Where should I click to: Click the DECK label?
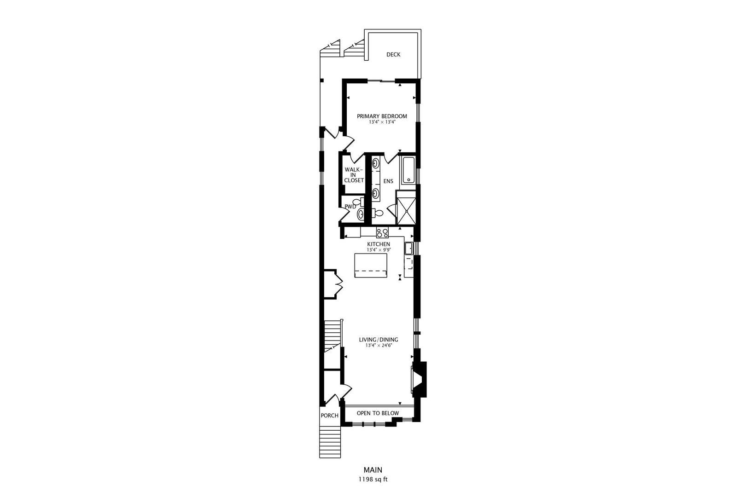pyautogui.click(x=393, y=55)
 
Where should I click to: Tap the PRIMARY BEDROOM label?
pyautogui.click(x=382, y=116)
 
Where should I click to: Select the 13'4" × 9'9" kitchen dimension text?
pyautogui.click(x=379, y=250)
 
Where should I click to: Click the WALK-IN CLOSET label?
pyautogui.click(x=354, y=175)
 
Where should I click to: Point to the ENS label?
pyautogui.click(x=388, y=181)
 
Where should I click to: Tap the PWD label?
pyautogui.click(x=350, y=206)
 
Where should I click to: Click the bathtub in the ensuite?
pyautogui.click(x=408, y=170)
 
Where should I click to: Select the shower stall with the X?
pyautogui.click(x=406, y=208)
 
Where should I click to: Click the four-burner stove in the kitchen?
pyautogui.click(x=382, y=232)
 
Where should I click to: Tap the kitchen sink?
pyautogui.click(x=408, y=248)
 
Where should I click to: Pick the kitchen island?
pyautogui.click(x=371, y=266)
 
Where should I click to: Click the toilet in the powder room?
pyautogui.click(x=358, y=202)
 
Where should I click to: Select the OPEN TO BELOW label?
pyautogui.click(x=378, y=413)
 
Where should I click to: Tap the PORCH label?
pyautogui.click(x=329, y=416)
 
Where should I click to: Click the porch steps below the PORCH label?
pyautogui.click(x=330, y=442)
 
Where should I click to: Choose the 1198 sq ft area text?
pyautogui.click(x=373, y=480)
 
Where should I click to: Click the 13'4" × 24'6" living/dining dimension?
pyautogui.click(x=379, y=346)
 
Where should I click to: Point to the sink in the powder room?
pyautogui.click(x=360, y=215)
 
